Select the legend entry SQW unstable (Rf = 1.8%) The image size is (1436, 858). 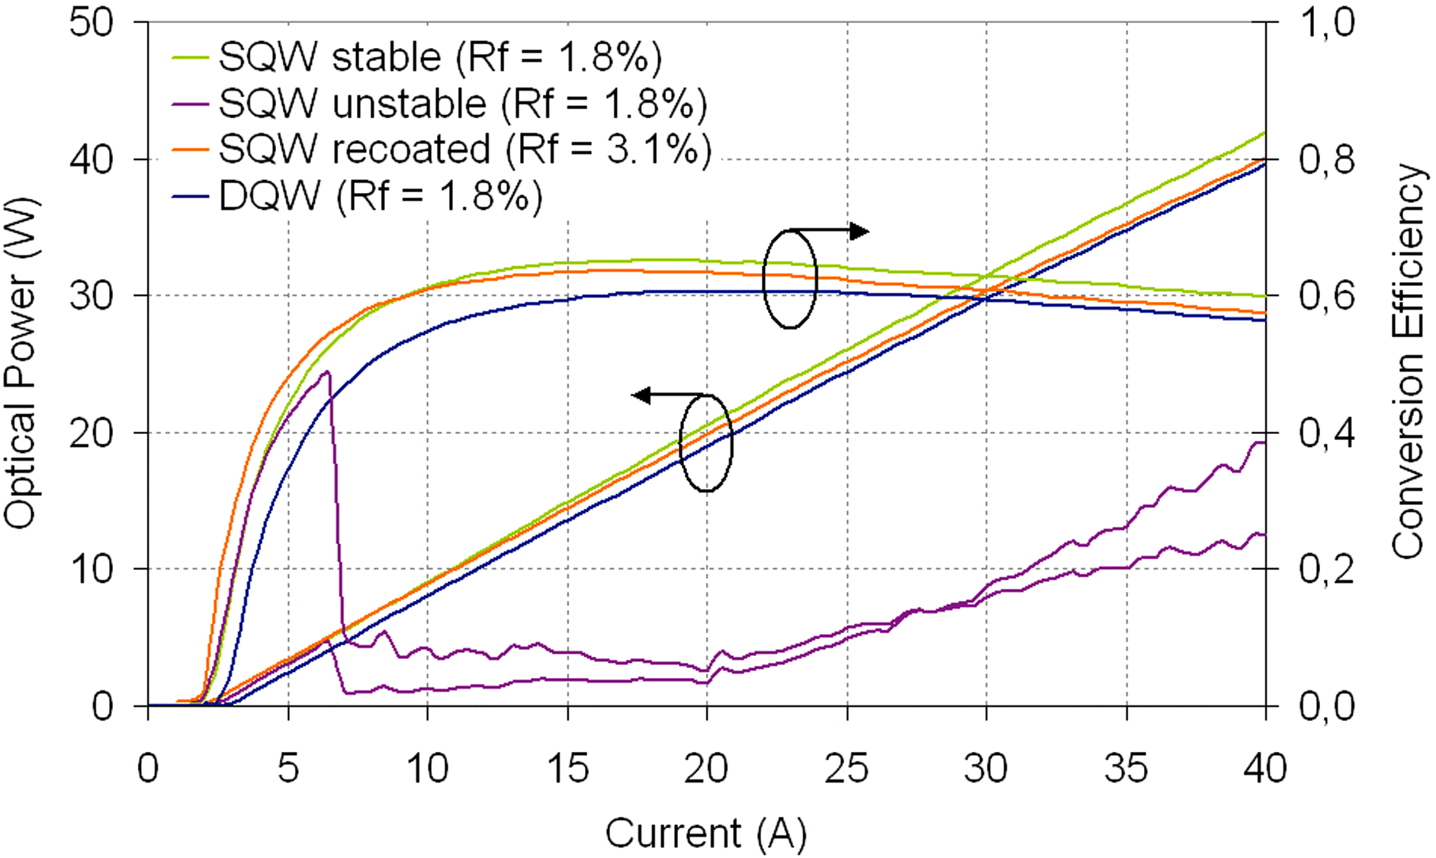pos(462,103)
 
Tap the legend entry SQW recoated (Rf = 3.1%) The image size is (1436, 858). pos(464,149)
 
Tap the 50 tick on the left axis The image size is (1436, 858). pos(91,23)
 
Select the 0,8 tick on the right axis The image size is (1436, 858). pos(1326,159)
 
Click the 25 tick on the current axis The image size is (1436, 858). pos(847,768)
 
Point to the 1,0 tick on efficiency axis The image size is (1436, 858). pos(1326,23)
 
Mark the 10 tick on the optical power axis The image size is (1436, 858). pos(91,569)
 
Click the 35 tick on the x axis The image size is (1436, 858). pos(1126,768)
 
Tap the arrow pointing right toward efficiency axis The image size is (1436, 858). pos(859,230)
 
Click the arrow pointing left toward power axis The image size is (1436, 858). pos(643,394)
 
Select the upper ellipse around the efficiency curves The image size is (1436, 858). pos(790,279)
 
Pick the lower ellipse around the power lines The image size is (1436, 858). pos(706,443)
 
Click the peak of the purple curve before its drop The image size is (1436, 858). pos(326,372)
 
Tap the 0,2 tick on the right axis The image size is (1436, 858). pos(1326,569)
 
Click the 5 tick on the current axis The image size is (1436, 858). pos(288,768)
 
